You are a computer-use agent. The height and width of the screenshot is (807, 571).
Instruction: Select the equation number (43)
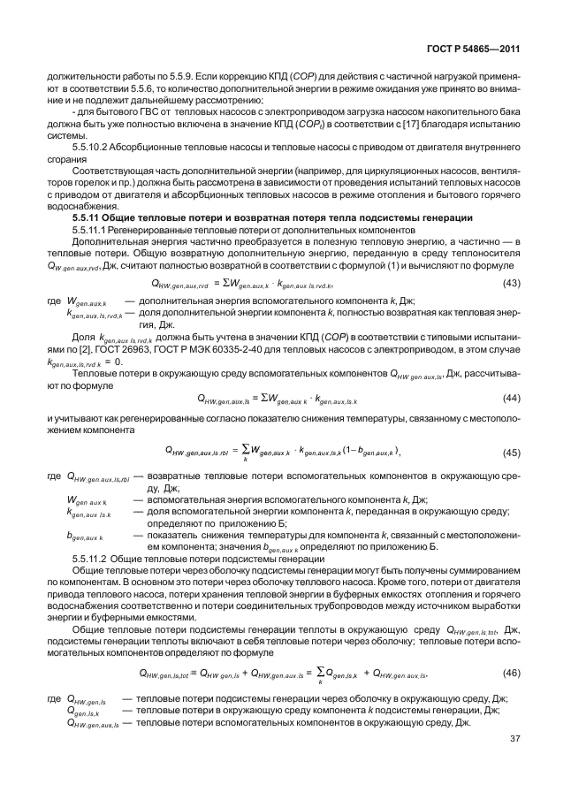point(511,283)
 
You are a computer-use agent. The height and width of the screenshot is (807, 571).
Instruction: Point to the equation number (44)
point(511,398)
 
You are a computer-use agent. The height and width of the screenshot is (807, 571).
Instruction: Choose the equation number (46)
point(511,673)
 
